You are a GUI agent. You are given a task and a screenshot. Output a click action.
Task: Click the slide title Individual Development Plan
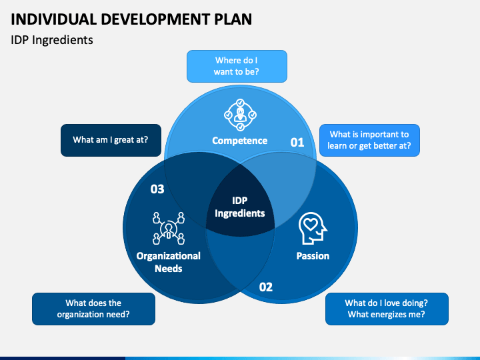coord(131,19)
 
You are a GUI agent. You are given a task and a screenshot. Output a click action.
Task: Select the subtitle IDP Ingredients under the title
coord(52,40)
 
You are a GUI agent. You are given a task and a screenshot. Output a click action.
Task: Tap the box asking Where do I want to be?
coord(237,66)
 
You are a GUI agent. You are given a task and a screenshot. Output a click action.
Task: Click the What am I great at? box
coord(111,140)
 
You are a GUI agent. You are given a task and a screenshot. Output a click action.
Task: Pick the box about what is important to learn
coord(369,140)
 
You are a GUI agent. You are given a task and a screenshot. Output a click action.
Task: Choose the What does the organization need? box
coord(93,309)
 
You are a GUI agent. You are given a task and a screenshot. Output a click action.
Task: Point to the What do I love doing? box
coord(387,309)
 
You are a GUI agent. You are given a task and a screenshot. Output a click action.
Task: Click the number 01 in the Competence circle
coord(297,143)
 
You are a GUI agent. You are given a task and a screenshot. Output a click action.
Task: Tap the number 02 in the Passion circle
coord(266,287)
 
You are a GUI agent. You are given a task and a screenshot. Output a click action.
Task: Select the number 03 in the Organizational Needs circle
coord(157,189)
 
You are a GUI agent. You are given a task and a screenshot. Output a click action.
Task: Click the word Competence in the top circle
coord(240,141)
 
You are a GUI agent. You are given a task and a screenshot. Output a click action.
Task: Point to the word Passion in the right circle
coord(313,256)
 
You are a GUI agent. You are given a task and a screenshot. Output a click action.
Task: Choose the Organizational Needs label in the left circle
coord(169,262)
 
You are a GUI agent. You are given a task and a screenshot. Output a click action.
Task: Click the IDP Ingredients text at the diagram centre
coord(240,207)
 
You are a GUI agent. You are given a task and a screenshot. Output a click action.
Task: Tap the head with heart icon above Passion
coord(313,229)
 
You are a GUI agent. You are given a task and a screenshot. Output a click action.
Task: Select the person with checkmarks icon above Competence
coord(240,115)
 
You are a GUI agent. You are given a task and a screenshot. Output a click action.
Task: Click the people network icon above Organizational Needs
coord(169,229)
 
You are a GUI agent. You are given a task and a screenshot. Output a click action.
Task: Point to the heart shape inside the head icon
coord(311,225)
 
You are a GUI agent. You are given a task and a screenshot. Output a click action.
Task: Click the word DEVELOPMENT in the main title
coord(156,19)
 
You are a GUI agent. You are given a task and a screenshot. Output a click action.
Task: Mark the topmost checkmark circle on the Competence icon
coord(240,103)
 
